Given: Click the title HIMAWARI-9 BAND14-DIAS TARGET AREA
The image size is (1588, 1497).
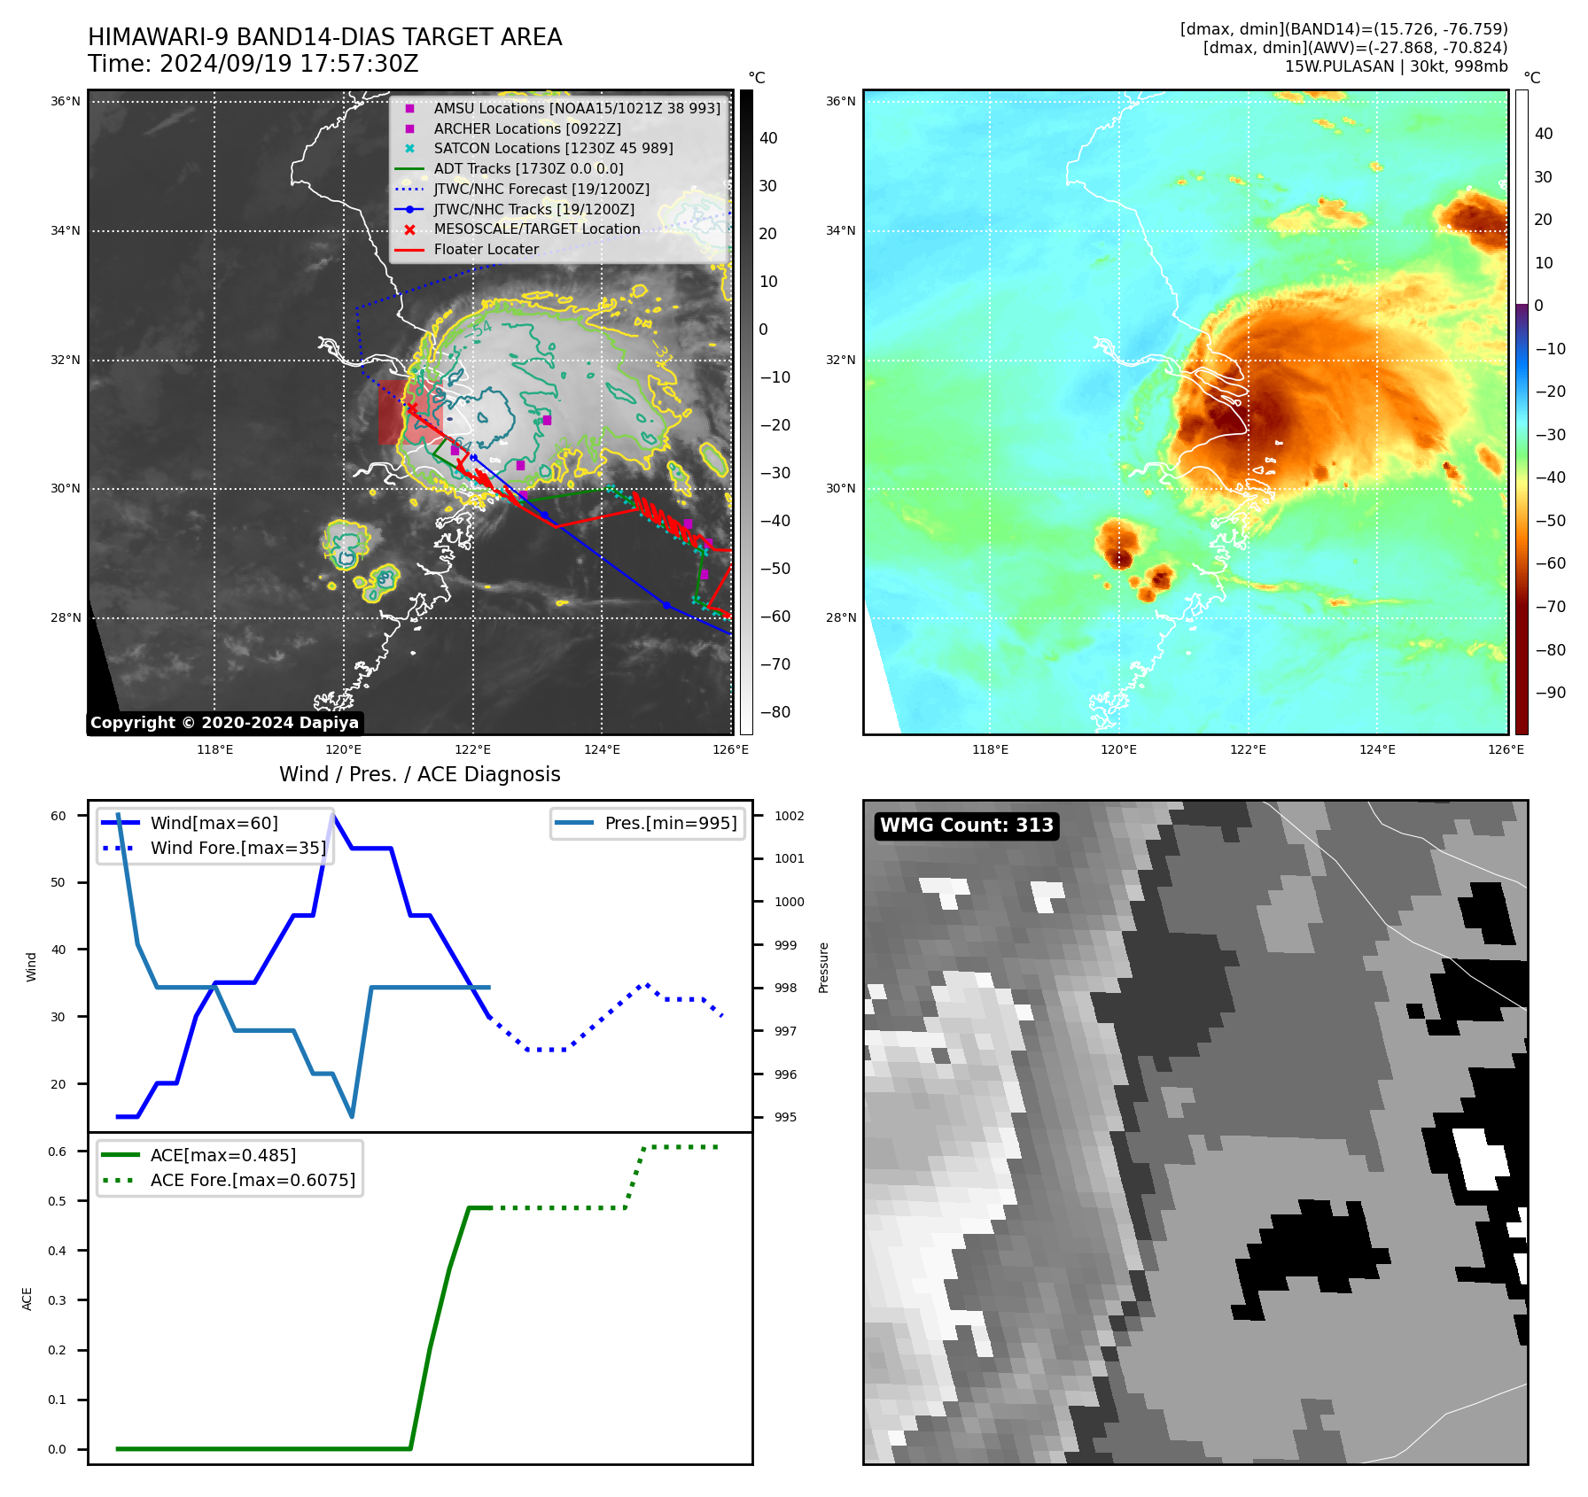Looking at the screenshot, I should coord(324,37).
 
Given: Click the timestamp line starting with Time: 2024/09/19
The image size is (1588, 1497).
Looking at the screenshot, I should coord(253,64).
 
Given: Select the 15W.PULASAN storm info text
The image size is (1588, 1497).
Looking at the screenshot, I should coord(1396,66).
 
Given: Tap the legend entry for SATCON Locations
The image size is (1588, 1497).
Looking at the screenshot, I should coord(553,148).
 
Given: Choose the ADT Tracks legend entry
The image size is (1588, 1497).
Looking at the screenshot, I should coord(528,168).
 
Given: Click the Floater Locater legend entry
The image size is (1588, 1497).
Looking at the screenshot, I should coord(486,249).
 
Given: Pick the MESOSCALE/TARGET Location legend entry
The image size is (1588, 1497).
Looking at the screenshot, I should coord(536,229).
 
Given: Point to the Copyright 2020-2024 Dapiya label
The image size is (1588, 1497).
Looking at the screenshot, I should coord(224,723).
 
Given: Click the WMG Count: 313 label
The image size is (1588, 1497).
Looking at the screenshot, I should coord(966,826).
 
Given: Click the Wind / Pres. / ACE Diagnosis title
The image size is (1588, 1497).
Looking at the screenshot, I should coord(419,774).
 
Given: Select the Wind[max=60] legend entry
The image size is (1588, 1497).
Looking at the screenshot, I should coord(214,823).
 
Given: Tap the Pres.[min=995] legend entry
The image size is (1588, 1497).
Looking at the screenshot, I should coord(670,823).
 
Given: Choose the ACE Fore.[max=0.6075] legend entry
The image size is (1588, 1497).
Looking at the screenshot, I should coord(253,1180).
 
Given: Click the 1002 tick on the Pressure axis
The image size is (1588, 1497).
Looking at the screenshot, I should coord(789,816).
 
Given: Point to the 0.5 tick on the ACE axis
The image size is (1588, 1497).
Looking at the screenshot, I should coord(57,1201).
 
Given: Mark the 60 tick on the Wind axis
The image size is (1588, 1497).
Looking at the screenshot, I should coord(58,816).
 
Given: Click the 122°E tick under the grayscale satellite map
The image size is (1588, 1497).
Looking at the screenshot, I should coord(472,749).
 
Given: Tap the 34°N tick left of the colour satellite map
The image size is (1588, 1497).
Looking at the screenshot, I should coord(840,231).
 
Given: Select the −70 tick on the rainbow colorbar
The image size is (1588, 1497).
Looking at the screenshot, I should coord(1550,607).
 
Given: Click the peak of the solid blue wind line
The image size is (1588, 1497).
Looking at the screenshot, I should coord(332,815).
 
